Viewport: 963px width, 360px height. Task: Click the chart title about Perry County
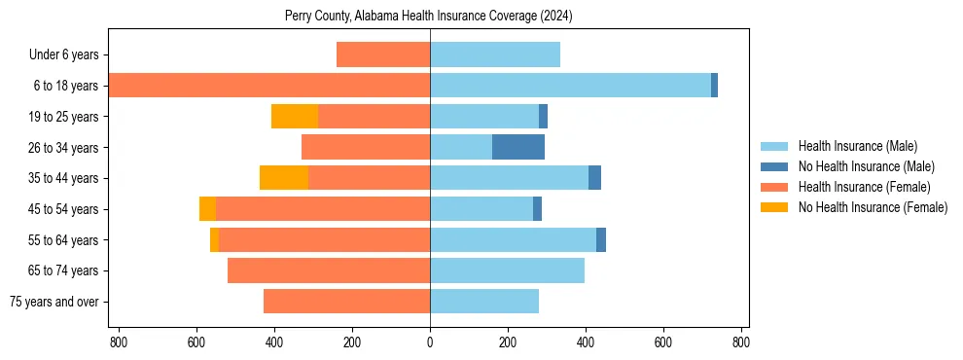point(429,17)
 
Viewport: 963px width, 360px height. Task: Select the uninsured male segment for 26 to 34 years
point(518,147)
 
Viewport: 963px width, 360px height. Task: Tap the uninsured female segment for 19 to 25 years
point(295,117)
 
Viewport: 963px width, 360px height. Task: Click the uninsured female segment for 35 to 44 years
point(284,178)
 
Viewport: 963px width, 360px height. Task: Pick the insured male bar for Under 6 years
point(495,55)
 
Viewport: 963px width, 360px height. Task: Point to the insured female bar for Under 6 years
point(383,55)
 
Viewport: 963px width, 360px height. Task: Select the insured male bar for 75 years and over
point(484,302)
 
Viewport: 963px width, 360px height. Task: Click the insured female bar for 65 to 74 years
point(329,270)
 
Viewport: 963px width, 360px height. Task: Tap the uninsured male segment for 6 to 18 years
point(714,86)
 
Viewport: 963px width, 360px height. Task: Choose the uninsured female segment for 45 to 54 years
point(207,209)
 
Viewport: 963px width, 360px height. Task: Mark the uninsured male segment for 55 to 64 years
point(601,239)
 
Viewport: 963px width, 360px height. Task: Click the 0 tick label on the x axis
point(430,342)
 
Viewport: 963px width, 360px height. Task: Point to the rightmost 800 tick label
point(741,342)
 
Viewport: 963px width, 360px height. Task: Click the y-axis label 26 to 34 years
point(63,148)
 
